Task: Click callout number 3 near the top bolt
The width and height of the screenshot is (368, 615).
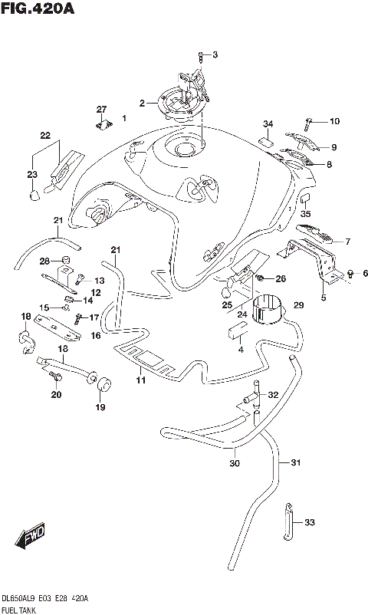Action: pos(215,54)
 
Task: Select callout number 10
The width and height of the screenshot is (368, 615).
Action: pos(333,121)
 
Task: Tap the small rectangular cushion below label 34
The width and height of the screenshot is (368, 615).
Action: pos(268,140)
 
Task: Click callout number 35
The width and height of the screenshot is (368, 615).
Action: pos(305,214)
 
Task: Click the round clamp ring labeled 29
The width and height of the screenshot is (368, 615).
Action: pos(268,310)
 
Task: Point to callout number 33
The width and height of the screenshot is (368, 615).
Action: pos(309,523)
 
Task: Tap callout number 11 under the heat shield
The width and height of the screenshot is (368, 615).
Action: pos(140,380)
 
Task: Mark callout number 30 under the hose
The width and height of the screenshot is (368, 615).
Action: pos(234,462)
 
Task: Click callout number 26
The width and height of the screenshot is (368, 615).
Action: pos(280,278)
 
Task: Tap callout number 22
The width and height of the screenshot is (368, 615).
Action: pos(45,136)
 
